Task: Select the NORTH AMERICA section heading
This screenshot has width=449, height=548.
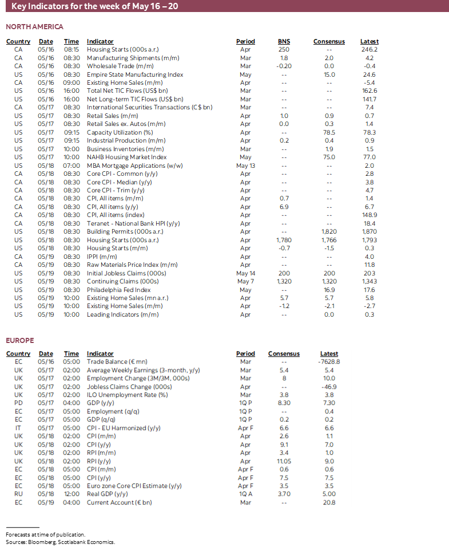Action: pyautogui.click(x=34, y=27)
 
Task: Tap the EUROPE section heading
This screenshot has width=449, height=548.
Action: pyautogui.click(x=20, y=341)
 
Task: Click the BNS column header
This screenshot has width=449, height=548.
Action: pyautogui.click(x=284, y=42)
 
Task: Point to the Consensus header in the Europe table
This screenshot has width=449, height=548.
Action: pyautogui.click(x=284, y=354)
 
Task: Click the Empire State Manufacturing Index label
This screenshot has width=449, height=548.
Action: pyautogui.click(x=135, y=74)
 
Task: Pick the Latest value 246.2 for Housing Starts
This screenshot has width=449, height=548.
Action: pyautogui.click(x=369, y=50)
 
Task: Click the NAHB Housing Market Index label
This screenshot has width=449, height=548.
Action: pyautogui.click(x=127, y=157)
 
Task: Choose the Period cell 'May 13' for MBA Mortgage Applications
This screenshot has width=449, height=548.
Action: pyautogui.click(x=245, y=165)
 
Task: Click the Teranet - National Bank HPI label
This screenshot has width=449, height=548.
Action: pyautogui.click(x=134, y=223)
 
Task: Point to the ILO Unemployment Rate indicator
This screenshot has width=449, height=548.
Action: pyautogui.click(x=128, y=395)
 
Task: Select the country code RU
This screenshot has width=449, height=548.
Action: pyautogui.click(x=18, y=494)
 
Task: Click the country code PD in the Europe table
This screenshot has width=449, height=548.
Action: pyautogui.click(x=18, y=403)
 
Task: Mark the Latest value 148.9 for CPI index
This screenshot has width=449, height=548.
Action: pyautogui.click(x=369, y=215)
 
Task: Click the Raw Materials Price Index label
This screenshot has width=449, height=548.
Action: pyautogui.click(x=132, y=265)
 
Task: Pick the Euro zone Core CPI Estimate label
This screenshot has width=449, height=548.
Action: pyautogui.click(x=134, y=486)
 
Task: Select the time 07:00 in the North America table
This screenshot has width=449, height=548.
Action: pyautogui.click(x=71, y=165)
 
